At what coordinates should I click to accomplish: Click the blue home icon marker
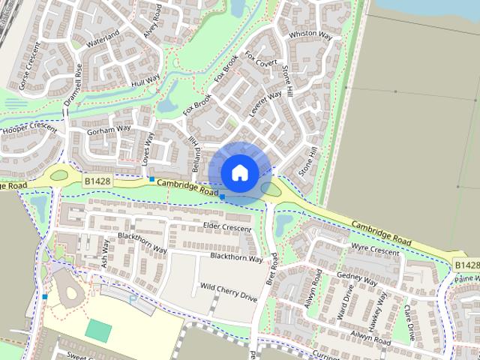pyautogui.click(x=239, y=172)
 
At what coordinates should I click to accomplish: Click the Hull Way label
pyautogui.click(x=145, y=80)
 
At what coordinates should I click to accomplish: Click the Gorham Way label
pyautogui.click(x=109, y=129)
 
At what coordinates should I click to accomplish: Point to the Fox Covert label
pyautogui.click(x=261, y=58)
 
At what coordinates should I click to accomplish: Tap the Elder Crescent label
pyautogui.click(x=226, y=226)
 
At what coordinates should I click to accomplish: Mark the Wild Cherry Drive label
pyautogui.click(x=228, y=292)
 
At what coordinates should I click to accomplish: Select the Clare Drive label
pyautogui.click(x=409, y=318)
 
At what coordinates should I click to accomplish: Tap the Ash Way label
pyautogui.click(x=105, y=253)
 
